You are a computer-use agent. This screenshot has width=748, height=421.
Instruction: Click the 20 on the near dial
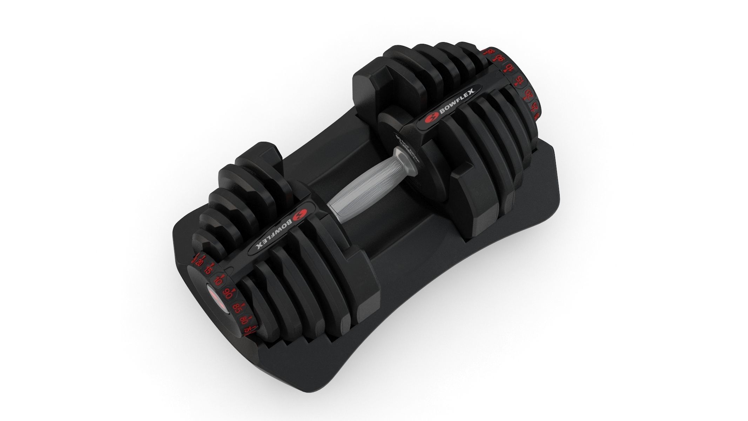199,262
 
